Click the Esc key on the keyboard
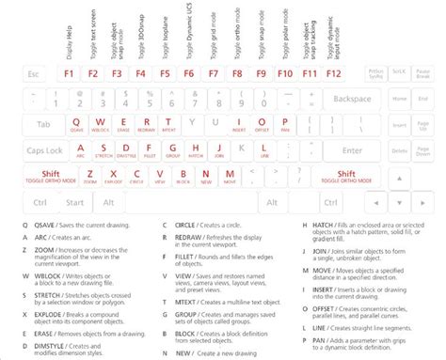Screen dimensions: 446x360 point(36,73)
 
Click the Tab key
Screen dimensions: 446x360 point(44,124)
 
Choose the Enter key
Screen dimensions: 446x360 point(354,149)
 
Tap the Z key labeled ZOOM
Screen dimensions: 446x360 point(88,175)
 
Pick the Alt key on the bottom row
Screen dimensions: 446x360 point(109,201)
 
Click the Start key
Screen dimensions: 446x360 point(75,201)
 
